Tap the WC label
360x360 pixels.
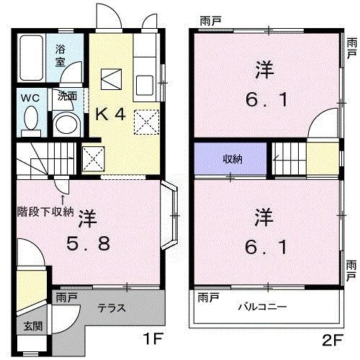(30, 96)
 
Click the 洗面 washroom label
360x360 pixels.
(68, 96)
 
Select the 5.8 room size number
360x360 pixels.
(90, 245)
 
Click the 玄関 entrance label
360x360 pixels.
(32, 325)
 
